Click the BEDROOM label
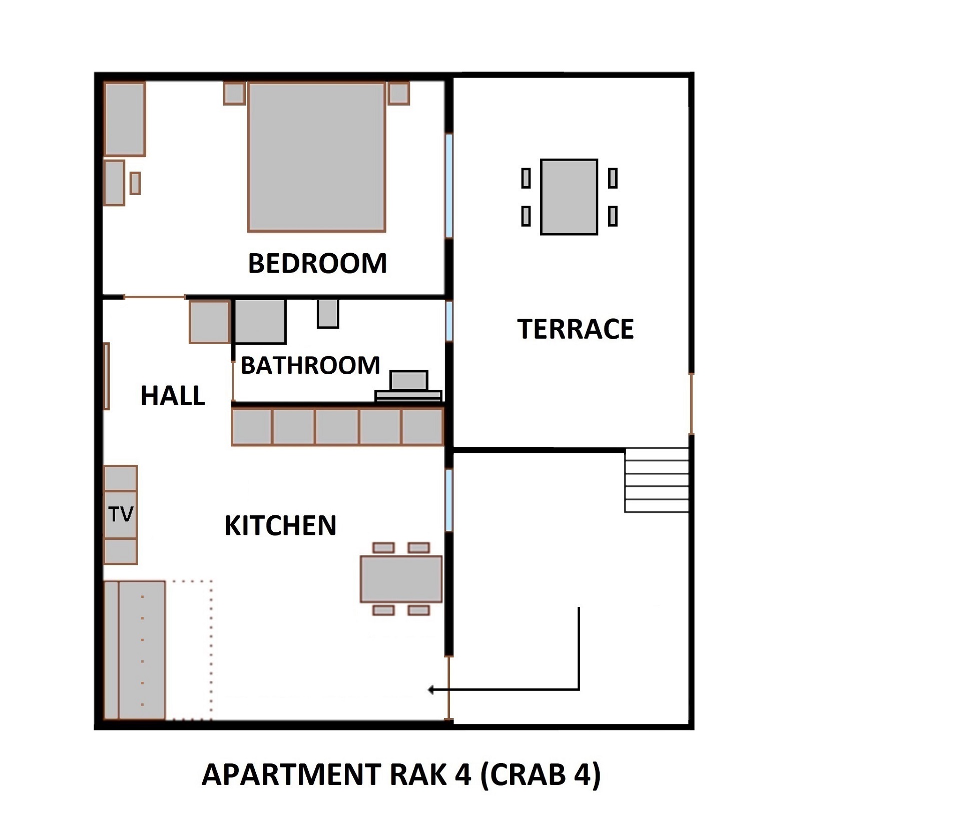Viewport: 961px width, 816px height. pos(317,264)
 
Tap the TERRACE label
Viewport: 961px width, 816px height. pos(575,329)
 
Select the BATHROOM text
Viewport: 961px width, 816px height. pos(310,365)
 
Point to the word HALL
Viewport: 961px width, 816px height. pos(173,396)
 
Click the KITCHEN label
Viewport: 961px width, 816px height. pos(280,525)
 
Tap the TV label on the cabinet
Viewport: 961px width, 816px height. pos(121,514)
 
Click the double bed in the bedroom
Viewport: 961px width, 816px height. pos(316,157)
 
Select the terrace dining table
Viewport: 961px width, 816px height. pos(569,197)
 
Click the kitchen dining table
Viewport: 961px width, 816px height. pos(401,579)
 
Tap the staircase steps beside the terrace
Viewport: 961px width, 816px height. pos(656,480)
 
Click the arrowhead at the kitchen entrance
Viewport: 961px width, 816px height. pos(431,690)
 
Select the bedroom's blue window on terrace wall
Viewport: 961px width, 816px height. pos(449,185)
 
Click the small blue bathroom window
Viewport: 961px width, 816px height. pos(449,320)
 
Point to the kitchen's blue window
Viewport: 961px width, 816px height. pos(449,500)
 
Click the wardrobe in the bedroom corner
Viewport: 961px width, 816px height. pos(125,119)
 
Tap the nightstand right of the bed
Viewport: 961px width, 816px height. pos(398,94)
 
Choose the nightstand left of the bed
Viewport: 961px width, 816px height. pos(234,94)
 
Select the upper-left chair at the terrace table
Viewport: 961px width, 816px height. pos(526,178)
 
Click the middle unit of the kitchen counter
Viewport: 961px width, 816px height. pos(337,427)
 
